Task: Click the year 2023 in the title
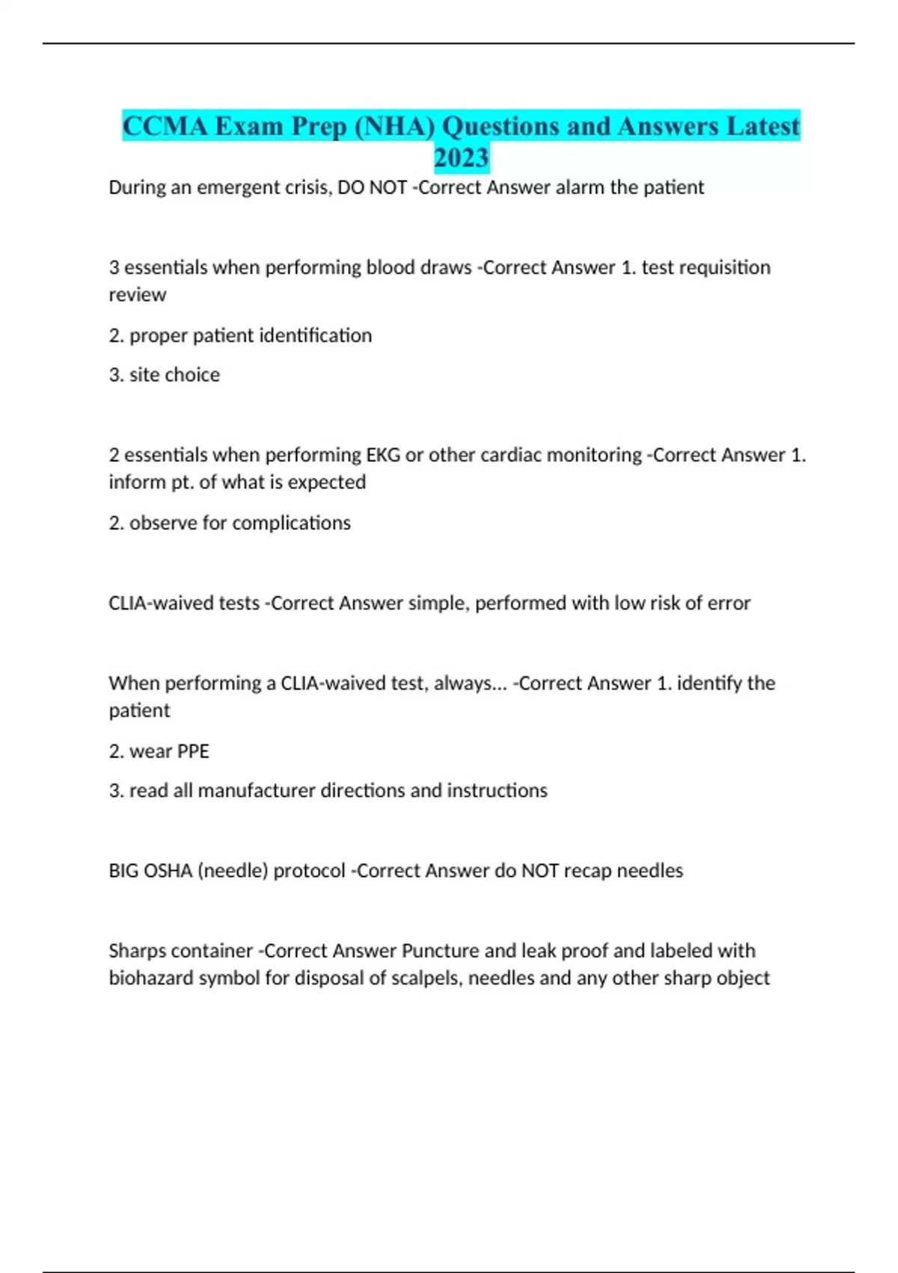[461, 158]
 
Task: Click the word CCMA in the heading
[165, 126]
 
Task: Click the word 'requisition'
[706, 267]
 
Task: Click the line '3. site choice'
[165, 374]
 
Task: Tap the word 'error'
[727, 603]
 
